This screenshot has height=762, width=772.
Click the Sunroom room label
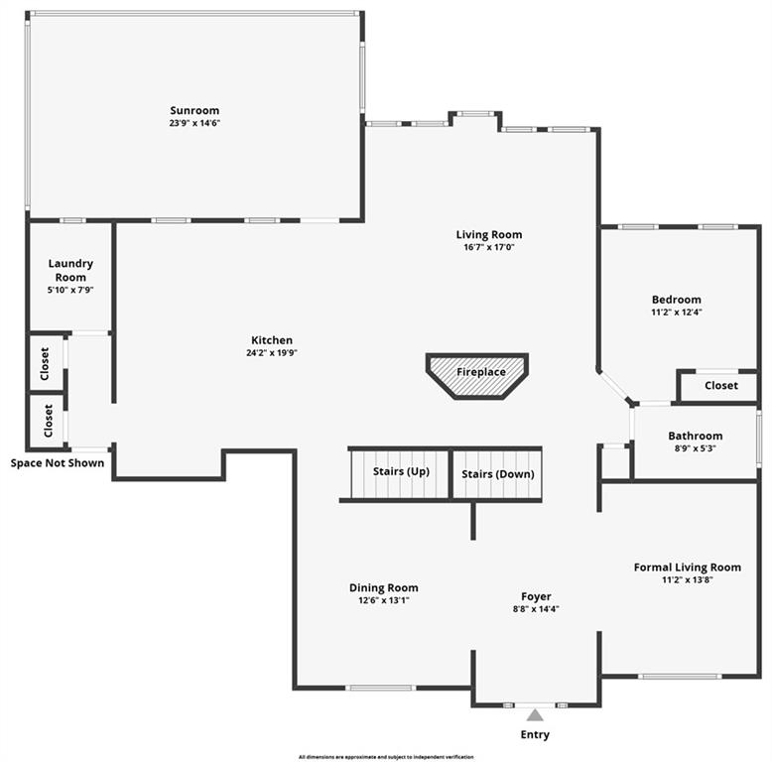[194, 111]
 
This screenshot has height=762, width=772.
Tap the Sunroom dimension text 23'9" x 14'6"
[194, 123]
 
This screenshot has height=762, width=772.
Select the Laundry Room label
[70, 270]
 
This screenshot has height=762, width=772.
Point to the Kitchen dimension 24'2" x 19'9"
[272, 352]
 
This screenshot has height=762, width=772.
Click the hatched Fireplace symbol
[477, 376]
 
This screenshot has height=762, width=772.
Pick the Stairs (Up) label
[401, 471]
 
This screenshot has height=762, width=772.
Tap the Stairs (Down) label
[498, 474]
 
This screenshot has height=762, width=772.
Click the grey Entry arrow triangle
[535, 714]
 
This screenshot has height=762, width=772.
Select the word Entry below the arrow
[535, 734]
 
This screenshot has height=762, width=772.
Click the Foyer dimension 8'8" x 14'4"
[536, 609]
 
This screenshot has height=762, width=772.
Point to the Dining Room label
[384, 587]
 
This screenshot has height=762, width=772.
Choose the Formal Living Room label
[688, 568]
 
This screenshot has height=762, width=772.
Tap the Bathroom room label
[696, 436]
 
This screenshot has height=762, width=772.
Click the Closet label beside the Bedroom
[721, 385]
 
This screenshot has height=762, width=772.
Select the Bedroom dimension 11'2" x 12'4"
[677, 313]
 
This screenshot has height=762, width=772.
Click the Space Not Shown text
[58, 463]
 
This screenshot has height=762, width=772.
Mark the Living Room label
[489, 235]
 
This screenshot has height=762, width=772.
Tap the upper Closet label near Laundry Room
[45, 364]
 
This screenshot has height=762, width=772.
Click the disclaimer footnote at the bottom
[386, 757]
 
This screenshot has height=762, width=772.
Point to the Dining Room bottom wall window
[381, 688]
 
